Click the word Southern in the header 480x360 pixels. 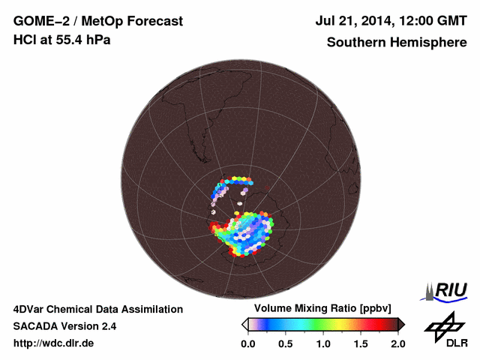tap(355, 43)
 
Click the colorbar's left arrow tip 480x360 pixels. tap(244, 324)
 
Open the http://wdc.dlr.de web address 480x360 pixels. tap(54, 343)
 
